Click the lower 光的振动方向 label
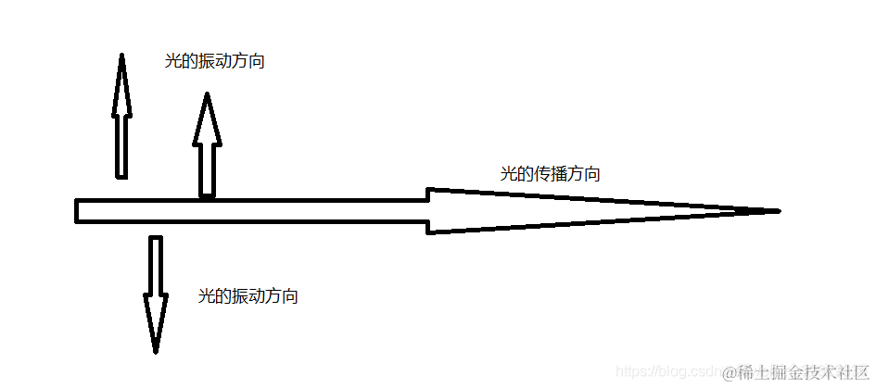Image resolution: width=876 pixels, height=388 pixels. (x=248, y=296)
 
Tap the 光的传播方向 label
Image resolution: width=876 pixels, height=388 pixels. (x=550, y=173)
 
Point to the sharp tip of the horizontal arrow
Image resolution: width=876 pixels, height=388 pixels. (x=777, y=211)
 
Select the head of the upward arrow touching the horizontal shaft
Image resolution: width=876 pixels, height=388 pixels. (x=207, y=120)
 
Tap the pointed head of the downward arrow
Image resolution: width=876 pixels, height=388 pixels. (x=156, y=324)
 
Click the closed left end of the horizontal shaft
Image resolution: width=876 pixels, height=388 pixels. (x=78, y=211)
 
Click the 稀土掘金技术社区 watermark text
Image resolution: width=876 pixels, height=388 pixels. (x=805, y=372)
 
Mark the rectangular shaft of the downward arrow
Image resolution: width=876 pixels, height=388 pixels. (x=156, y=266)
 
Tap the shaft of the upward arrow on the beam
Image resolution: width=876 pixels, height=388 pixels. (x=207, y=170)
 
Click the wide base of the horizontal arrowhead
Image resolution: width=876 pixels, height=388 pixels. (x=430, y=211)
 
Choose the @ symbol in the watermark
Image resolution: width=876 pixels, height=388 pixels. (x=730, y=372)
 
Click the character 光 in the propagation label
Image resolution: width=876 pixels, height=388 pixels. (x=507, y=173)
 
